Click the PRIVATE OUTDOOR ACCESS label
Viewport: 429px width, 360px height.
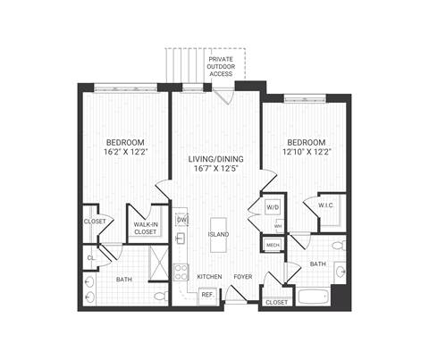222,66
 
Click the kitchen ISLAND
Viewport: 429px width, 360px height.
218,235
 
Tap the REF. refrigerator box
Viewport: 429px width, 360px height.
206,294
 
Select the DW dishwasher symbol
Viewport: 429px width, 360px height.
181,219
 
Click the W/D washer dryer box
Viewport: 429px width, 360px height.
273,208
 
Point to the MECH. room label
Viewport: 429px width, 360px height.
273,244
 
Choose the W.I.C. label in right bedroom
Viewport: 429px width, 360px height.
325,205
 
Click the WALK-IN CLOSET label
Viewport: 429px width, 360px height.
145,228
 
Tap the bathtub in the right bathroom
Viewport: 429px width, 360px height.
312,296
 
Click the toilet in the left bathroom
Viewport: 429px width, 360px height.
159,294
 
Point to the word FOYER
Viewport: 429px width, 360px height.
242,277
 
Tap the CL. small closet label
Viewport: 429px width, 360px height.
91,257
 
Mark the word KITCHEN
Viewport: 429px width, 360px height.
209,277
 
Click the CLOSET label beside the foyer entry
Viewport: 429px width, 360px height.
277,304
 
